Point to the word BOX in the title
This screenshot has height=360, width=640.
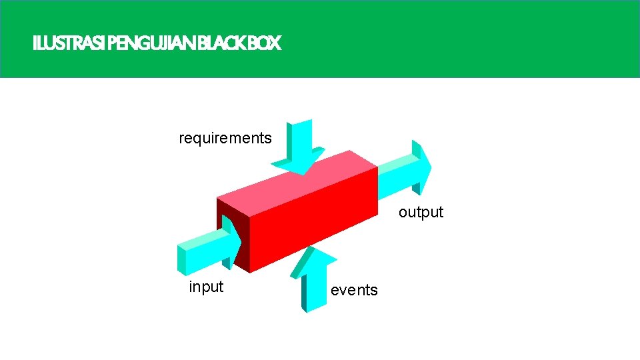(266, 44)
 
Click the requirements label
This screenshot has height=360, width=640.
(225, 138)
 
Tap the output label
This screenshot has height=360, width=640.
(421, 212)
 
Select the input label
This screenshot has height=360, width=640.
(206, 287)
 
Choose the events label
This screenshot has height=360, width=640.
(354, 290)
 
